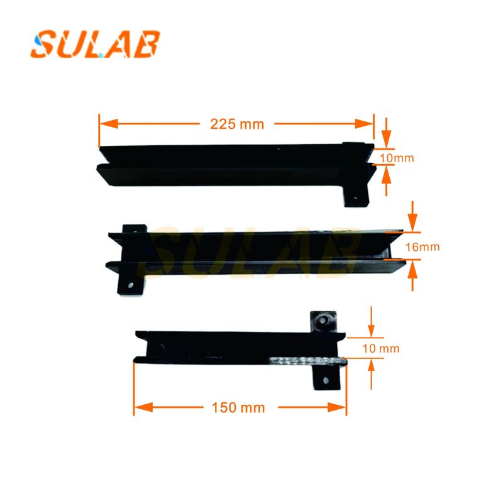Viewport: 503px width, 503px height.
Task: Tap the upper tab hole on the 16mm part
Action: click(x=134, y=231)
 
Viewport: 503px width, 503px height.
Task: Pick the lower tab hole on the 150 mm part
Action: click(x=326, y=379)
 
